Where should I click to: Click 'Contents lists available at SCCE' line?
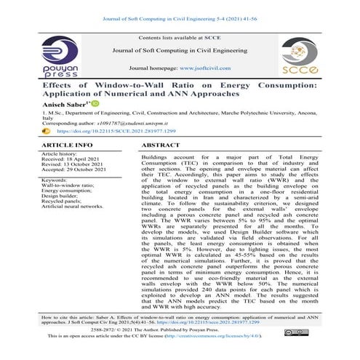tap(180, 35)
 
